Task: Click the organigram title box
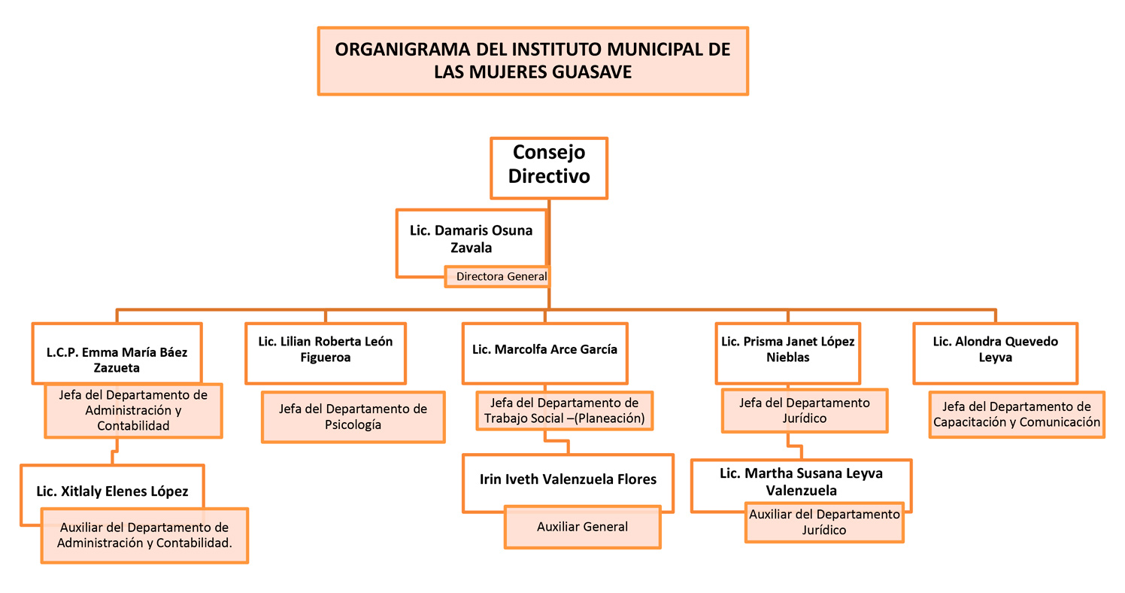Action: [x=533, y=61]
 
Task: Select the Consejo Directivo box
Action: [x=549, y=168]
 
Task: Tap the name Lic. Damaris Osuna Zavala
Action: [x=471, y=239]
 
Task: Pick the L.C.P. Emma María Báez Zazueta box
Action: [x=117, y=353]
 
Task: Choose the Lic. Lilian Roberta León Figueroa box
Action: [x=326, y=353]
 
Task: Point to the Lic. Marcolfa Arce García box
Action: [x=545, y=353]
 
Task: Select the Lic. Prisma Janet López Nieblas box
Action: [x=788, y=353]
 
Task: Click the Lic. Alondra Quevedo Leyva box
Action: [x=996, y=353]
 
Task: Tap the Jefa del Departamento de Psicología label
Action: [x=353, y=417]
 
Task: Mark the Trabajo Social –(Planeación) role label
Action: [x=565, y=411]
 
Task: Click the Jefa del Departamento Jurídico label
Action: [x=805, y=410]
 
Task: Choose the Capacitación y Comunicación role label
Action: [x=1017, y=414]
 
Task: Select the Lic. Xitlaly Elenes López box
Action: [x=113, y=495]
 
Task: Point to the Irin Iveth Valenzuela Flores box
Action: [x=568, y=483]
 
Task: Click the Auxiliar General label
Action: [x=583, y=527]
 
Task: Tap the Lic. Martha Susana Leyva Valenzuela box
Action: [x=801, y=485]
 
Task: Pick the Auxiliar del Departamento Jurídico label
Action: [x=824, y=522]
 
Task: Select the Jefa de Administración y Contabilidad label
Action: [x=133, y=411]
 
